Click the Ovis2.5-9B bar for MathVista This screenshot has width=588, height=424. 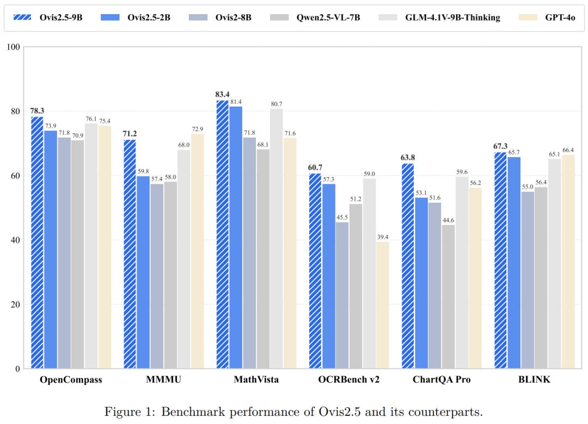tap(222, 234)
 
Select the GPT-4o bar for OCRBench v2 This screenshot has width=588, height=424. tap(383, 305)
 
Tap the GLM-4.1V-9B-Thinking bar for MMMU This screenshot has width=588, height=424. tap(184, 259)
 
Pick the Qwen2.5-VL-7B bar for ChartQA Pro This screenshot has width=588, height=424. tap(448, 297)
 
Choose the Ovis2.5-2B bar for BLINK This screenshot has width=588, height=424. tap(514, 263)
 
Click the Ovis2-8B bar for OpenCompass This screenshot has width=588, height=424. tap(64, 253)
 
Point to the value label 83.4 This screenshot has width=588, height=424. tap(222, 95)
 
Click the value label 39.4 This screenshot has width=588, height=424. tap(383, 236)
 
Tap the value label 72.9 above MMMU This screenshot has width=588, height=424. tap(197, 129)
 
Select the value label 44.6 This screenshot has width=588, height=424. tap(448, 220)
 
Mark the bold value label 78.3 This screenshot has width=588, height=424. tap(37, 111)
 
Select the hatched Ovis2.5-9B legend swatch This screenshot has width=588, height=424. tap(22, 17)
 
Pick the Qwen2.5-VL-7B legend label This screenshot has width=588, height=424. tap(328, 17)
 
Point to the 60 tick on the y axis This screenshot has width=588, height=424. tap(15, 176)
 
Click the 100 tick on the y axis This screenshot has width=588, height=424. tap(13, 47)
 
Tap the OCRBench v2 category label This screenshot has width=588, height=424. tap(349, 380)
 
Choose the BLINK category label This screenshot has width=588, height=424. tap(535, 380)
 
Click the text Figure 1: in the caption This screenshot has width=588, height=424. tap(130, 411)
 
